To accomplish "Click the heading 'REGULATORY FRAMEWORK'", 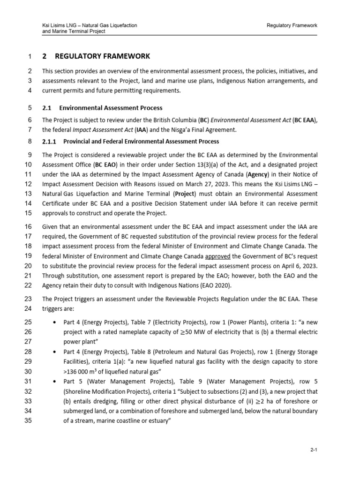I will pos(103,56).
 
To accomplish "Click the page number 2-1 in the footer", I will pos(314,450).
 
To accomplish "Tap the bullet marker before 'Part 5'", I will pos(56,382).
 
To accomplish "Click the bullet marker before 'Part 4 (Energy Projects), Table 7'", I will pos(56,322).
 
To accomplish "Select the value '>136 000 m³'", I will pos(82,372).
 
